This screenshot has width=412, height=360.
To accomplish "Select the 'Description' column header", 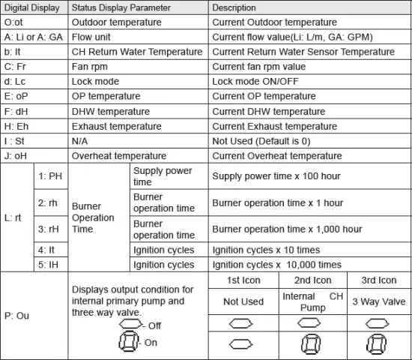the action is (234, 7).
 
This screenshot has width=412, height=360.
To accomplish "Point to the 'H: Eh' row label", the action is (16, 127).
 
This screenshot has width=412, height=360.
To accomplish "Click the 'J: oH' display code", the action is (16, 156).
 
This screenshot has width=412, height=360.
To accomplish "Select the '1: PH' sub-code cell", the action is (49, 176).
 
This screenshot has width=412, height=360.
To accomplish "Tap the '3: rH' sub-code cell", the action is (49, 229).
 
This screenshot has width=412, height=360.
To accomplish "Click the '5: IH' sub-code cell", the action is (49, 264).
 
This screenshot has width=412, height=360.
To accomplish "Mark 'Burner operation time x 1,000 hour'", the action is (288, 229).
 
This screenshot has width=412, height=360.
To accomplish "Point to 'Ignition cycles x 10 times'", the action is (266, 250).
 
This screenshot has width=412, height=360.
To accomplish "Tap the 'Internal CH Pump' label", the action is (313, 301).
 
